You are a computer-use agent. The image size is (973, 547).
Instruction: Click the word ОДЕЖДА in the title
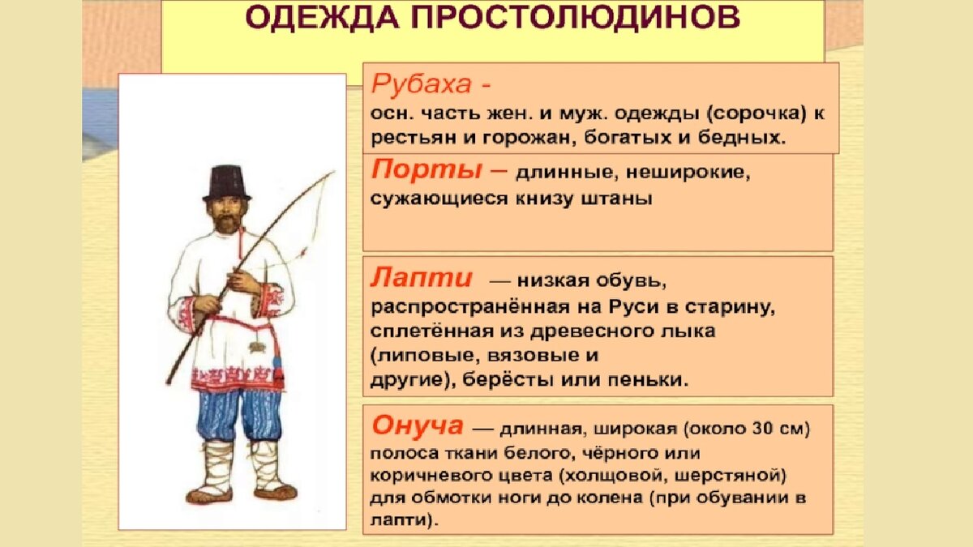click(x=322, y=17)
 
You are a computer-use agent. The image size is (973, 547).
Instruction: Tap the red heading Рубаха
click(x=422, y=83)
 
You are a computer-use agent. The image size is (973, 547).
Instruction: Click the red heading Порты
click(x=426, y=170)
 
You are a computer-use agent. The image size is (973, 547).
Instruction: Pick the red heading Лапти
click(x=422, y=277)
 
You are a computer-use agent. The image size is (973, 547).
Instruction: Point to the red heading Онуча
click(x=418, y=425)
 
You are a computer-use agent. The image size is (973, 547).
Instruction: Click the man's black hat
click(x=227, y=183)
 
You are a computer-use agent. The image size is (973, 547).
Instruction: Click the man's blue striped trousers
click(x=238, y=415)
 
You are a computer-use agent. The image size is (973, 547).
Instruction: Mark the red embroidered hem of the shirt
click(x=237, y=378)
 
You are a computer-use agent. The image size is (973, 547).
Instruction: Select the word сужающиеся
click(x=439, y=199)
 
